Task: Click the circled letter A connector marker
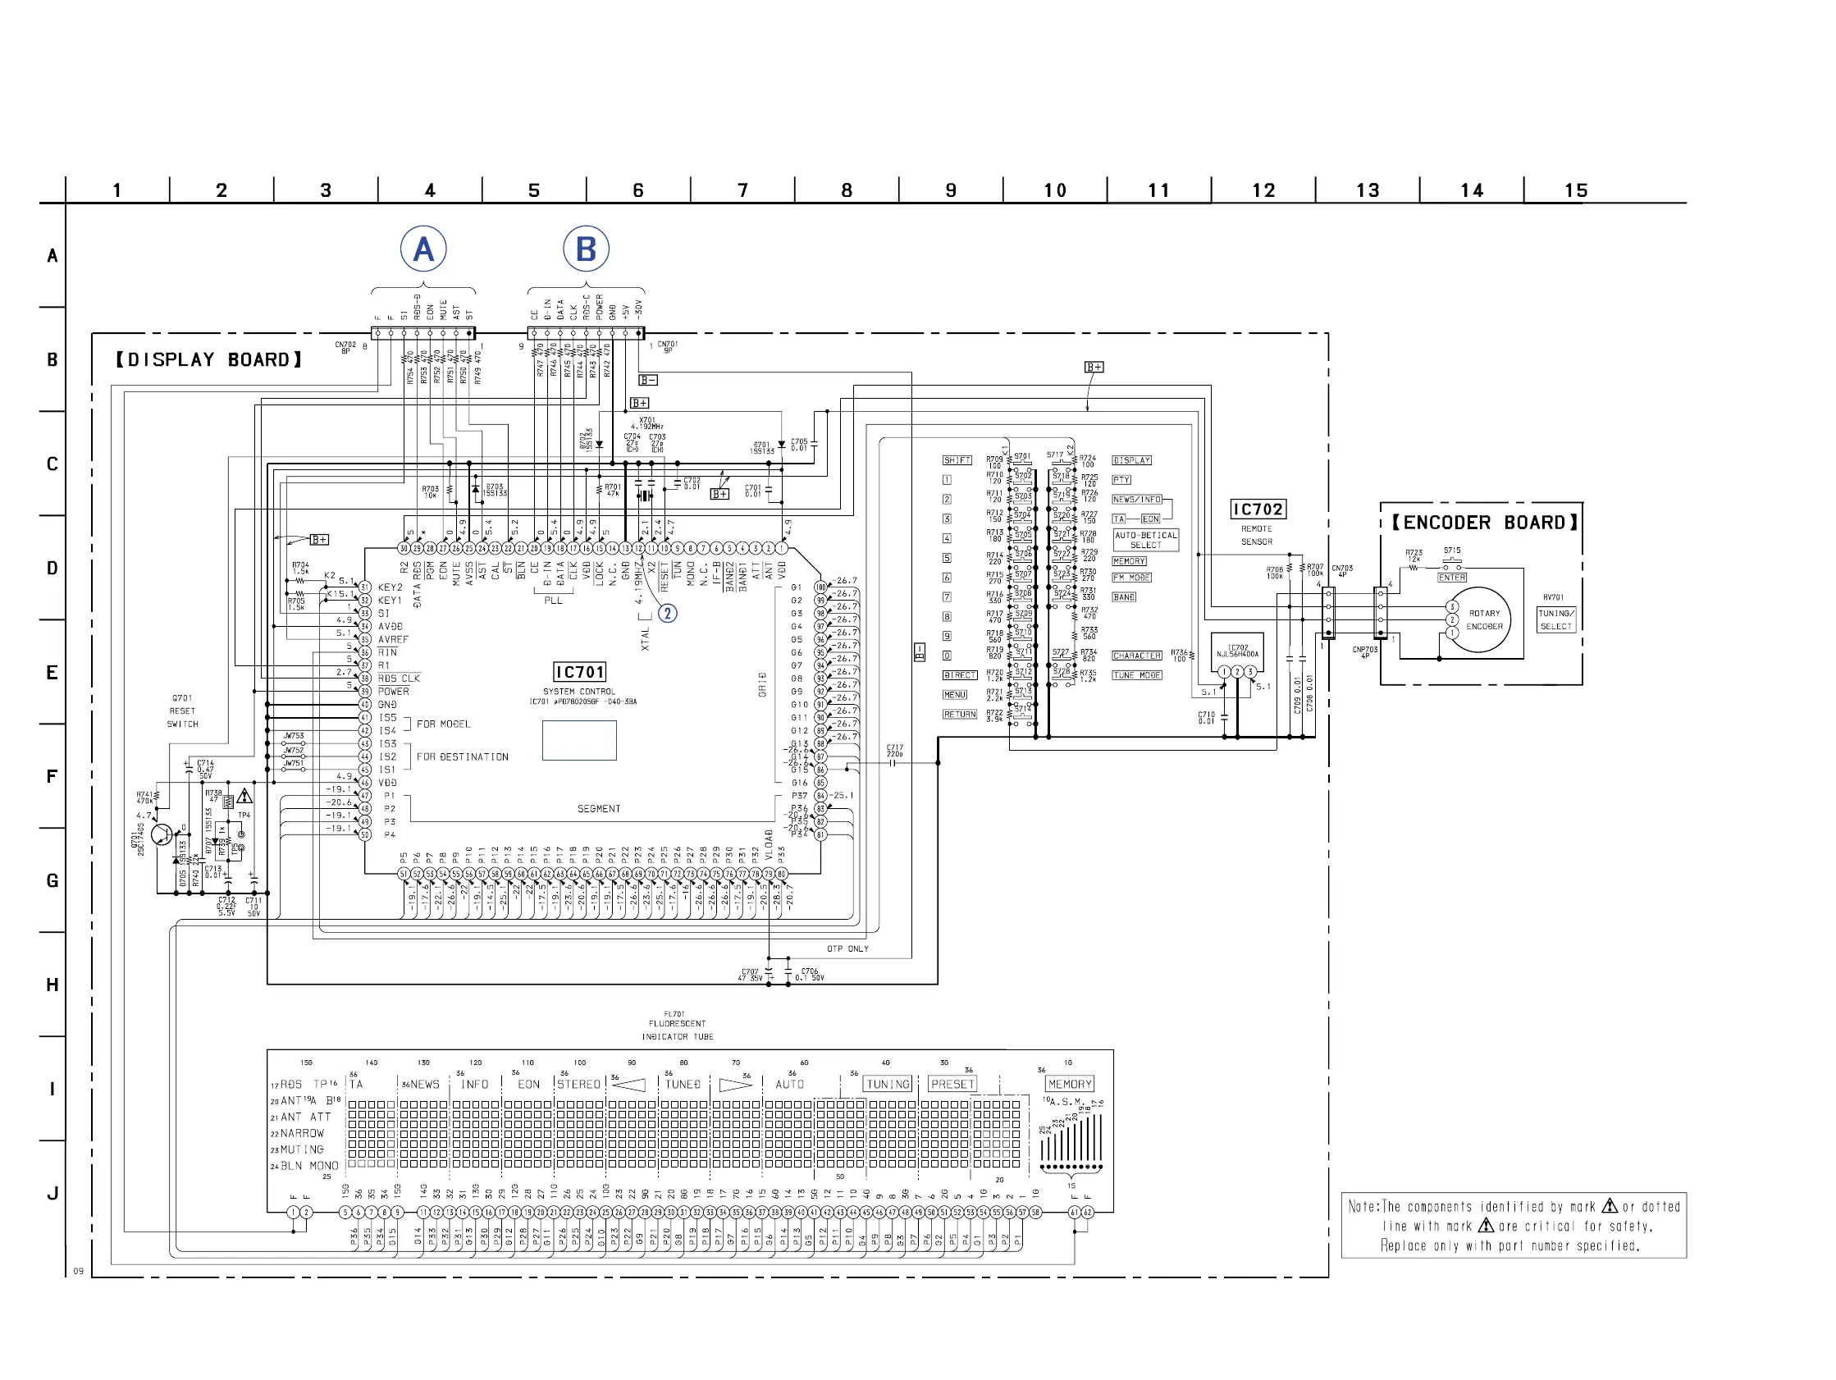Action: [423, 249]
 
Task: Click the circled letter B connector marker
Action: [586, 249]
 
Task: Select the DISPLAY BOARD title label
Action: [208, 359]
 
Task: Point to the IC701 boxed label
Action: [579, 672]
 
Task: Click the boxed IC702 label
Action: [1258, 509]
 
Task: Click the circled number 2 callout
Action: [667, 613]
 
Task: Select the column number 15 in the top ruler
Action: [1575, 190]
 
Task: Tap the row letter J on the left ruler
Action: [53, 1193]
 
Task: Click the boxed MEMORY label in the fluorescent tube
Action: [1070, 1084]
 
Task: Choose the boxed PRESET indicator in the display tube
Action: [952, 1084]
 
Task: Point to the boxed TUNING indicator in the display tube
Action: [888, 1084]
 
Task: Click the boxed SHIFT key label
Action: [957, 460]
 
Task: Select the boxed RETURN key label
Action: [960, 714]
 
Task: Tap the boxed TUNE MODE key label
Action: [1137, 675]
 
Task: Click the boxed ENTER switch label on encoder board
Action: [1452, 577]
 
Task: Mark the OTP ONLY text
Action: [847, 948]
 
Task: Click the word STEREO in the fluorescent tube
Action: [578, 1084]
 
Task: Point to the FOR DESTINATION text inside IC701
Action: [463, 756]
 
